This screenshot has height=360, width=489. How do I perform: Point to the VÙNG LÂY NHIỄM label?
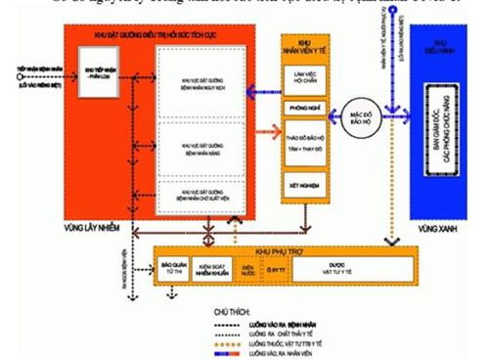coord(97,223)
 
